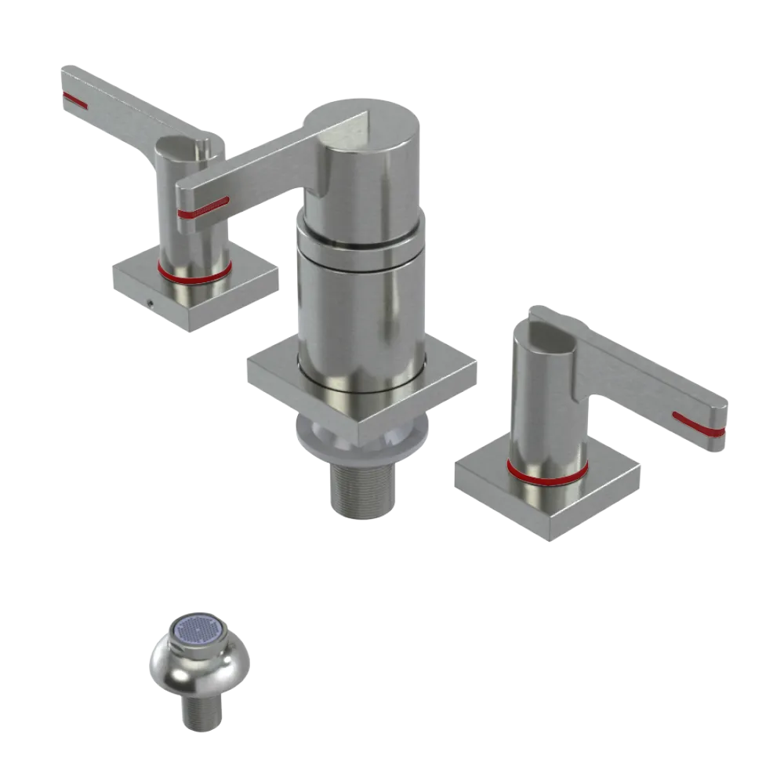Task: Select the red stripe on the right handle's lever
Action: pyautogui.click(x=699, y=424)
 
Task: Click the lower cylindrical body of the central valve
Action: pyautogui.click(x=361, y=314)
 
